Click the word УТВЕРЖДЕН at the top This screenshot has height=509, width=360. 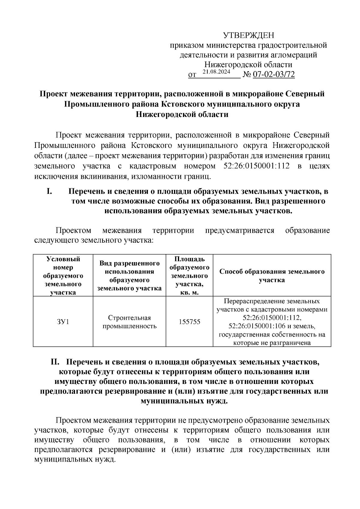point(248,36)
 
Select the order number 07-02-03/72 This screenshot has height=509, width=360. point(274,75)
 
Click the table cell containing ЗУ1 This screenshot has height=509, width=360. point(63,322)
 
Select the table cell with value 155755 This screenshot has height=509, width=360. point(189,322)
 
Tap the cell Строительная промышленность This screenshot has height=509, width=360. point(129,322)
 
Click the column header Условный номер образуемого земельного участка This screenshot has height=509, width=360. point(63,275)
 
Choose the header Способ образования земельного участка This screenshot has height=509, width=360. point(272,275)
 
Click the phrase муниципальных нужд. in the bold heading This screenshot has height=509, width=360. point(184,401)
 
